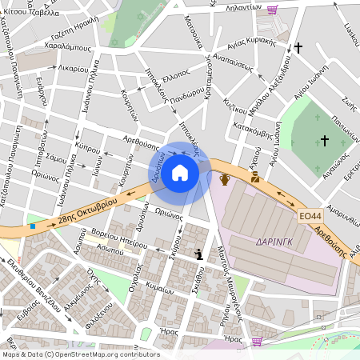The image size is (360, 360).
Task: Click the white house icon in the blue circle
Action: [180, 172]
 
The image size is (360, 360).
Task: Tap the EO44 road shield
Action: [310, 216]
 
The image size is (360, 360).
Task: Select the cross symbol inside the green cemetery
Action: [325, 141]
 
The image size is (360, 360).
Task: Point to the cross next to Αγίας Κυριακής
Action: [298, 49]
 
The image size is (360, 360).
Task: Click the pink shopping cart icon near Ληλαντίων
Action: [272, 10]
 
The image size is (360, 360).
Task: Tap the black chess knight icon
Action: [198, 254]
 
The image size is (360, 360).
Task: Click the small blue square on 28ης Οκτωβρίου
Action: [32, 226]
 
